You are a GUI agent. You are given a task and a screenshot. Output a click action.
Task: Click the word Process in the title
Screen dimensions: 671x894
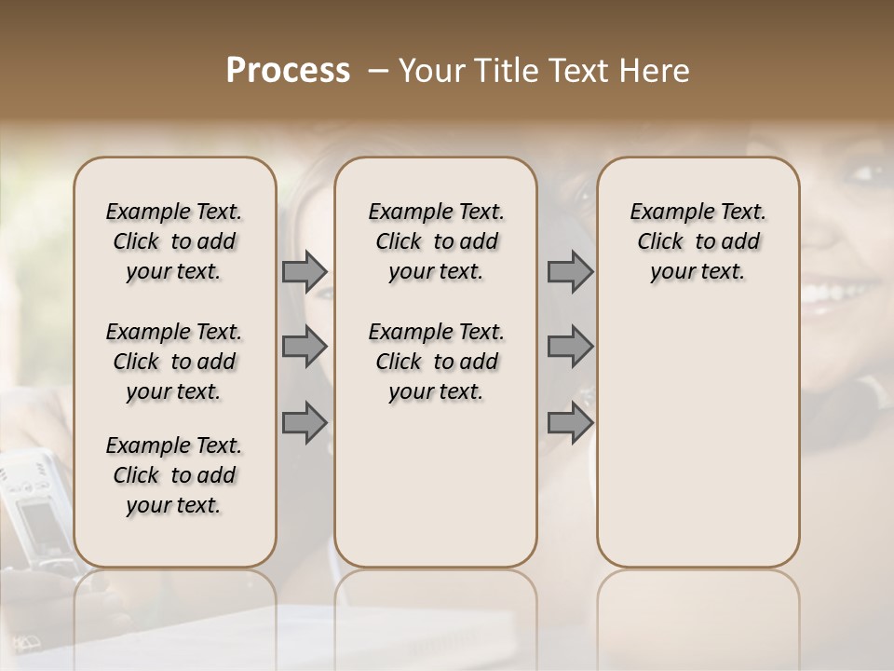tap(288, 71)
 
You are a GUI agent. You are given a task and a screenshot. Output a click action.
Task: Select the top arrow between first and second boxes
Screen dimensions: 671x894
tap(305, 271)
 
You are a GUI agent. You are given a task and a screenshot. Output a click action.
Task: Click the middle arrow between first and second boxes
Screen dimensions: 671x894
tap(305, 347)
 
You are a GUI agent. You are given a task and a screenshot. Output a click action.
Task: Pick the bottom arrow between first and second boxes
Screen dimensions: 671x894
tap(305, 422)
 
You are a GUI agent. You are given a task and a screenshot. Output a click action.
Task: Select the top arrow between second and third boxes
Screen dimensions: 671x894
tap(570, 271)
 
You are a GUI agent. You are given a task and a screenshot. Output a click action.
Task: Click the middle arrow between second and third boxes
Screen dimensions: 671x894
tap(570, 347)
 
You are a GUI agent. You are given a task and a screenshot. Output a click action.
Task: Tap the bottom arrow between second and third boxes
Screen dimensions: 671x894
tap(570, 422)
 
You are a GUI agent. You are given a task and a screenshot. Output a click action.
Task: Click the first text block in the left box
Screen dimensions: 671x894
tap(174, 241)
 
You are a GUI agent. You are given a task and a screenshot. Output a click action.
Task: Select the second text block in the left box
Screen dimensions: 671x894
tap(174, 362)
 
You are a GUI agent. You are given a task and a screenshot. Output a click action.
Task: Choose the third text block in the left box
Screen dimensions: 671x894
tap(174, 475)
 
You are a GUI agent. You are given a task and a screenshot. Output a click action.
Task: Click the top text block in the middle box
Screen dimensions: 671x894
tap(436, 241)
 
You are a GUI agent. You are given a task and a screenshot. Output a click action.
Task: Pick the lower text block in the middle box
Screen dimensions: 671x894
tap(436, 362)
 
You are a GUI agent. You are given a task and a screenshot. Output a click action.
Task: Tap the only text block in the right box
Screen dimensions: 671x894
tap(698, 241)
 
